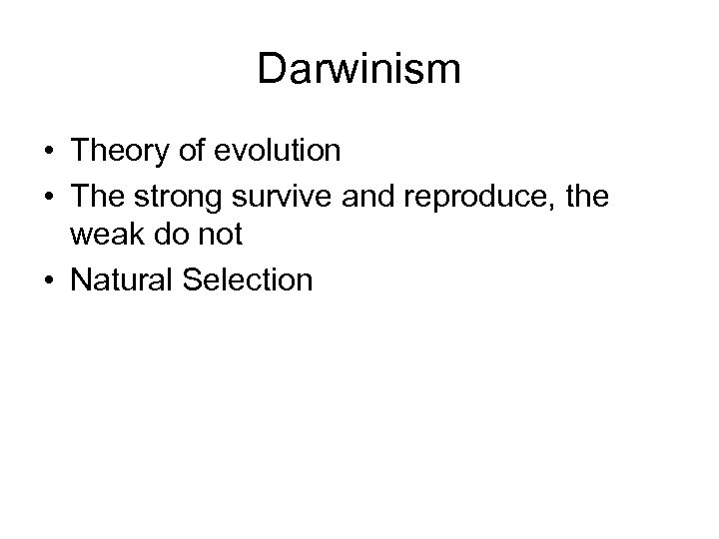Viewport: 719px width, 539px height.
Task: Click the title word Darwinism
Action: tap(359, 69)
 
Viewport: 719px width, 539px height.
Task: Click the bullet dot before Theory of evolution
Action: tap(50, 153)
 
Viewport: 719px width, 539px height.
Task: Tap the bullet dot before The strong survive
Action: tap(50, 197)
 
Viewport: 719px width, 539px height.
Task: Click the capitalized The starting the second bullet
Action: tap(95, 197)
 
